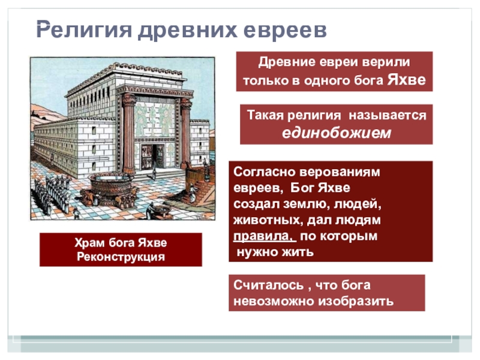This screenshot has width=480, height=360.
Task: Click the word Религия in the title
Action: click(84, 31)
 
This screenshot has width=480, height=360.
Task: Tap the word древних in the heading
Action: click(187, 31)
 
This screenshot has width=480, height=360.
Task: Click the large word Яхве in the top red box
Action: click(407, 80)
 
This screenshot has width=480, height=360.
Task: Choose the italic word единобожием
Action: click(337, 133)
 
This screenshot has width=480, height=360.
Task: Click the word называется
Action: click(387, 115)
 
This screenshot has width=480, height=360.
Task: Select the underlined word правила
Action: click(265, 236)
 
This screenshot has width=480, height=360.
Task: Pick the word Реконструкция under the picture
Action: click(121, 257)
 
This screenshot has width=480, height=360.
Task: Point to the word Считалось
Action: click(268, 285)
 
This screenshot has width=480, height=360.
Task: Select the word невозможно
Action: click(274, 301)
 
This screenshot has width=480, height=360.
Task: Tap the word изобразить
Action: click(356, 301)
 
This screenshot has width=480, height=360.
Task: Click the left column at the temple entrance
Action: click(128, 134)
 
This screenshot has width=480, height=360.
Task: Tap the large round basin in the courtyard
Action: click(111, 186)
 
